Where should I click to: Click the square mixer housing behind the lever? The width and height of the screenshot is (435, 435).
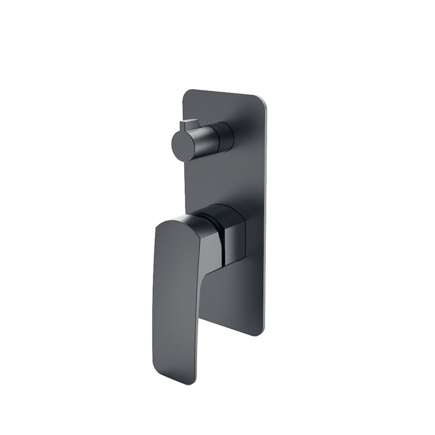click(x=232, y=239)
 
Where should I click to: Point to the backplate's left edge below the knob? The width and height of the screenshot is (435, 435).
click(x=185, y=185)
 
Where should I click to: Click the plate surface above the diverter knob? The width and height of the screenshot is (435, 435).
click(x=217, y=109)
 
